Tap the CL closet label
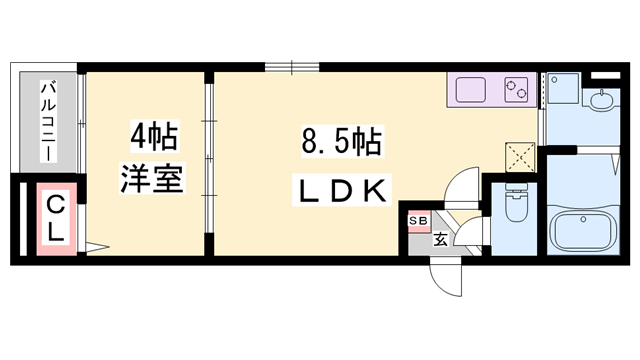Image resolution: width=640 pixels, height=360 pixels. (x=57, y=217)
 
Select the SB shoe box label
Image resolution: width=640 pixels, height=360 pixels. (x=416, y=220)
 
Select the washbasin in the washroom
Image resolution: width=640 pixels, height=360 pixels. (x=601, y=100)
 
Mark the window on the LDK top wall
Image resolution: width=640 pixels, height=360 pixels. (x=291, y=69)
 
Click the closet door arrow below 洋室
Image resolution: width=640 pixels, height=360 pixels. (x=94, y=245)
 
